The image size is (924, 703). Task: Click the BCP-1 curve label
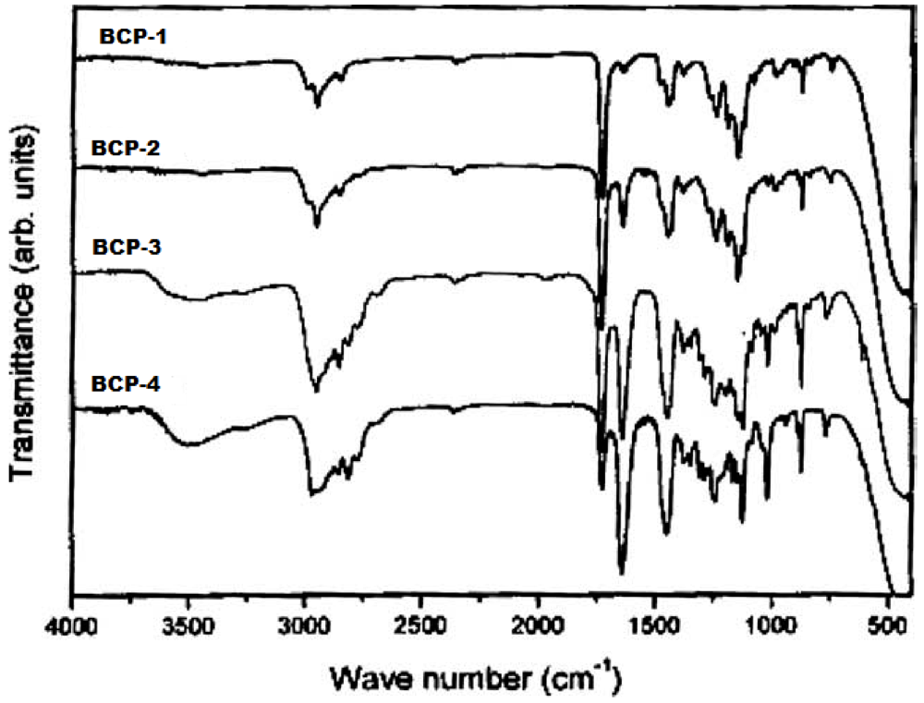[128, 38]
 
